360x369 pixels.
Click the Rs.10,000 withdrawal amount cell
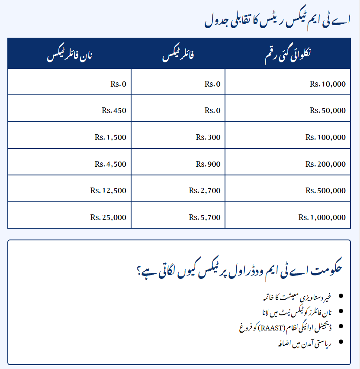[328, 84]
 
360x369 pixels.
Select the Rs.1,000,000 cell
[322, 217]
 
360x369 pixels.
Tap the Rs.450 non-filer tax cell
[114, 110]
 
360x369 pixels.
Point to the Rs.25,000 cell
[108, 217]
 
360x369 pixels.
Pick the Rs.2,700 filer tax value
[205, 191]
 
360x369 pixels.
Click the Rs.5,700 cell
[205, 217]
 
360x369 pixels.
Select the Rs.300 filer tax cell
[208, 137]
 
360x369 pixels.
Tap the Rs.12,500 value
[108, 191]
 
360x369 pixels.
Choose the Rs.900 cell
[208, 164]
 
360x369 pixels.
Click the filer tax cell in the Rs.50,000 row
[212, 110]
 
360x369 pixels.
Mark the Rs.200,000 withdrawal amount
[325, 164]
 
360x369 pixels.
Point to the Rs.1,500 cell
[110, 137]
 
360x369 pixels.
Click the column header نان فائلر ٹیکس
[69, 56]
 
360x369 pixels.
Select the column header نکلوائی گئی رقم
[287, 56]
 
